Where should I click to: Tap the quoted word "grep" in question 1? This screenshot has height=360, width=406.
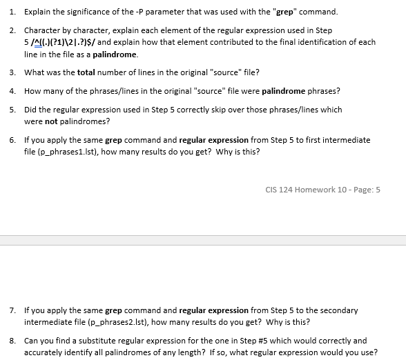[x=288, y=12]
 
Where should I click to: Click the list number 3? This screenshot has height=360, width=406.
[x=12, y=72]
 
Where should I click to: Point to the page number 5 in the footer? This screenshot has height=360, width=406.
[x=378, y=190]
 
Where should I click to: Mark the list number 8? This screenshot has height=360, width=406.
[x=12, y=341]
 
